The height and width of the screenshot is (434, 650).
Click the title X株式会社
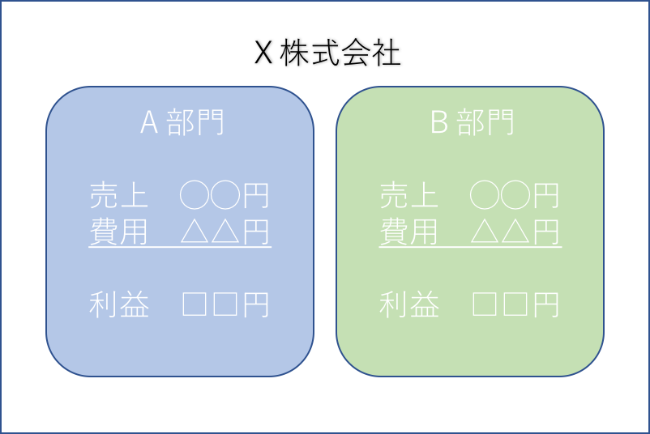click(x=327, y=53)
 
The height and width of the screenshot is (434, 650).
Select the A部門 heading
click(x=182, y=122)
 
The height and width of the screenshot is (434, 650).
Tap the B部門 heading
click(x=473, y=122)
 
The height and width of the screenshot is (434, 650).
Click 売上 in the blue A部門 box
click(x=118, y=194)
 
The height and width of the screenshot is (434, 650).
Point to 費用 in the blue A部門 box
click(x=118, y=232)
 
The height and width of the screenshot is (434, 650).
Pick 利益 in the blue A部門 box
click(x=119, y=304)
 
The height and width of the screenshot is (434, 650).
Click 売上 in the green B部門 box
click(x=408, y=194)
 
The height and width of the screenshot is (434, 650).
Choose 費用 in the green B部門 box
click(x=408, y=232)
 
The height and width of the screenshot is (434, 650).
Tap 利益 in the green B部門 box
click(x=409, y=304)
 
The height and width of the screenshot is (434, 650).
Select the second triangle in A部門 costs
click(x=225, y=232)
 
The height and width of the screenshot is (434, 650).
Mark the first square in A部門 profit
click(x=195, y=304)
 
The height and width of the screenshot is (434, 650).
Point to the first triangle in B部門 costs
click(x=485, y=232)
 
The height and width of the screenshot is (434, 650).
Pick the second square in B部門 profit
click(x=515, y=304)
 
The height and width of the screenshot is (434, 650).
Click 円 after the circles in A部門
click(x=256, y=195)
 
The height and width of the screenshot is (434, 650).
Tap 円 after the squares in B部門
click(x=546, y=305)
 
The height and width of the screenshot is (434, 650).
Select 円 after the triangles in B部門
click(x=546, y=232)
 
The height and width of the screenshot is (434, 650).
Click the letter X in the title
click(x=263, y=53)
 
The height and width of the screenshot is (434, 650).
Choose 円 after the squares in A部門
click(x=256, y=305)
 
